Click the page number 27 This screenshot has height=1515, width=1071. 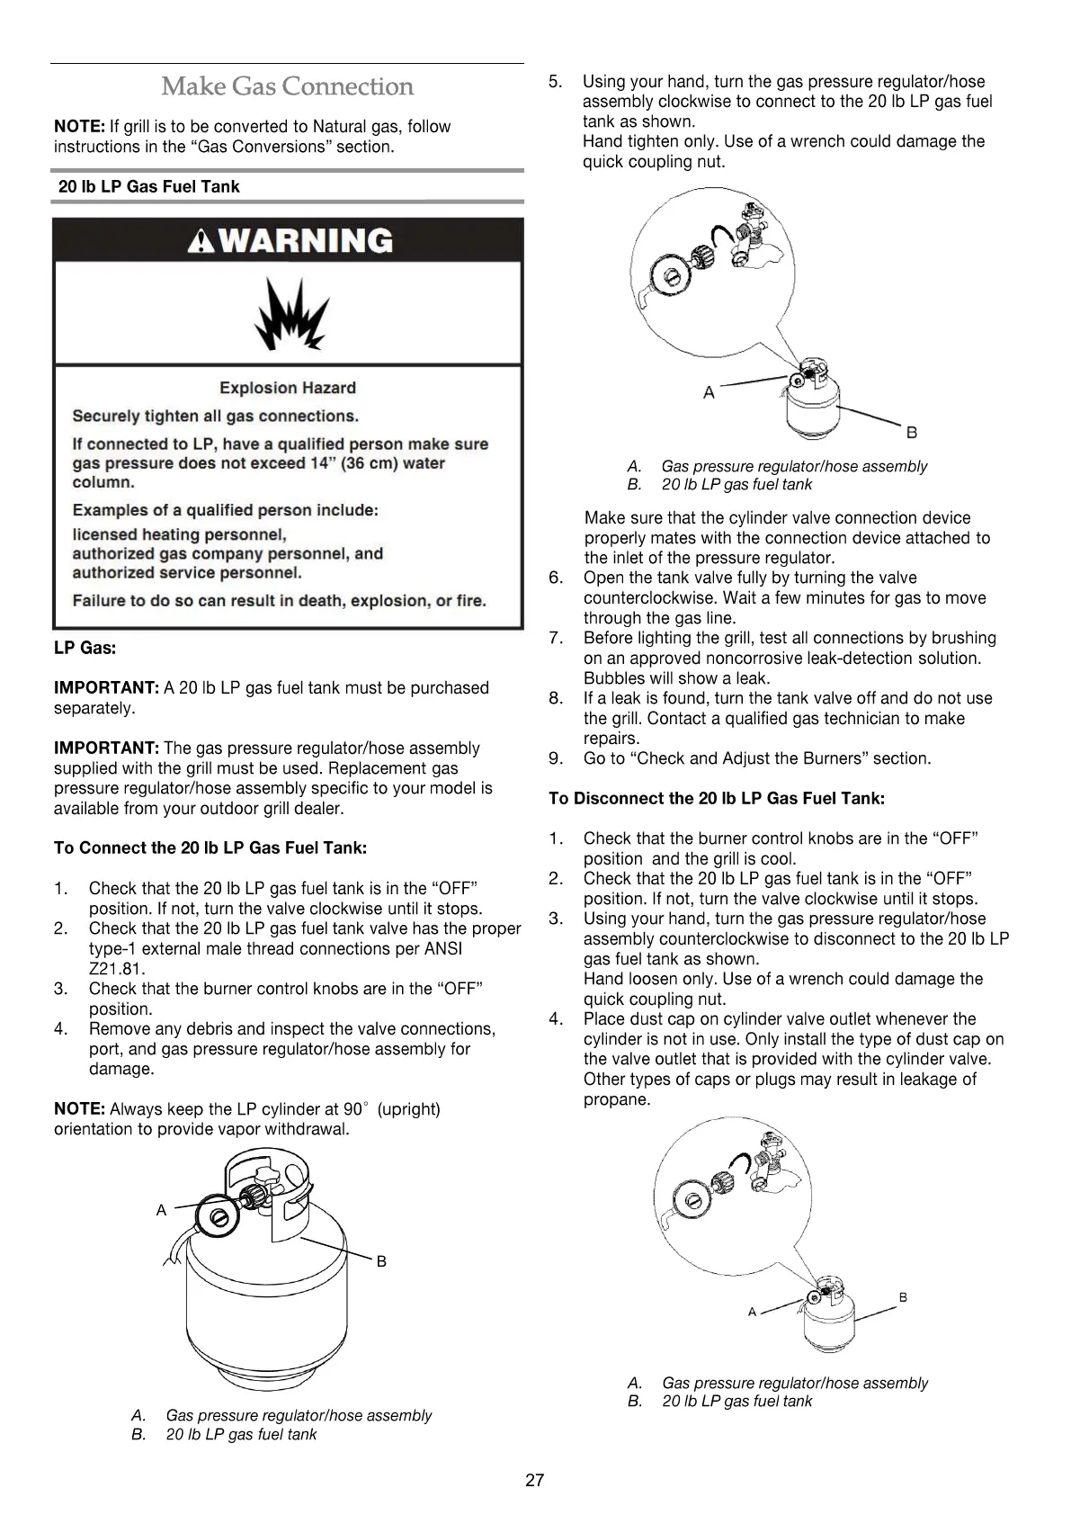(x=534, y=1480)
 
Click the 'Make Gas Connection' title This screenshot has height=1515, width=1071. (x=288, y=87)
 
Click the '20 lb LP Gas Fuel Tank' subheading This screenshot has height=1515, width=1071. (x=149, y=187)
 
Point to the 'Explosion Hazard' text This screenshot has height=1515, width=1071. (x=288, y=388)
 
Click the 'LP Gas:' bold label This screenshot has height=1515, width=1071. (x=85, y=648)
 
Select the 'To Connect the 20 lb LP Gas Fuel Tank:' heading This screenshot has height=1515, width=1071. (x=210, y=848)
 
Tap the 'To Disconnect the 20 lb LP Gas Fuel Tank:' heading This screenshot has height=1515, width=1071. (x=717, y=799)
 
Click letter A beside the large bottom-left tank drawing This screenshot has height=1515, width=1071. (x=162, y=1211)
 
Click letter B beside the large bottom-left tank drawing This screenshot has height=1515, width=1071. (x=381, y=1261)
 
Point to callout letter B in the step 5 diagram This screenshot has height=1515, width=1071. (x=912, y=433)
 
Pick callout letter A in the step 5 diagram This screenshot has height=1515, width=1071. (x=709, y=392)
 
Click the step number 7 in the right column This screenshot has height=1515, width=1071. (x=556, y=639)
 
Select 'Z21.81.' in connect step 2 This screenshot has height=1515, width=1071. (x=117, y=969)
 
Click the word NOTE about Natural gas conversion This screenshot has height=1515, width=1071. (x=79, y=127)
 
